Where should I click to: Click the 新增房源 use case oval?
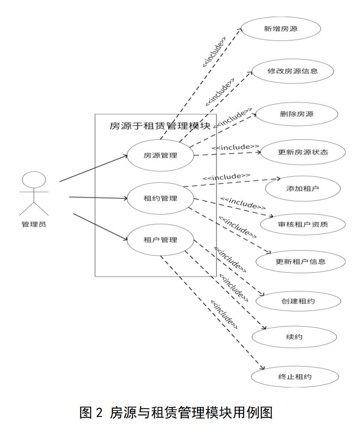281,29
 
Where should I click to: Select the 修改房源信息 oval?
293,71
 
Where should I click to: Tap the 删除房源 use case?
297,114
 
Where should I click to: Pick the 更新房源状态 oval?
303,152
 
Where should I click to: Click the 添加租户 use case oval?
303,189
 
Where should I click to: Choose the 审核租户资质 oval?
303,224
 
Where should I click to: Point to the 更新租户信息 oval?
300,262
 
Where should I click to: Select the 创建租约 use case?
298,301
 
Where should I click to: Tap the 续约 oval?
295,337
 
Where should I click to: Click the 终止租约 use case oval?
295,377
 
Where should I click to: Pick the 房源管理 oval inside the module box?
161,155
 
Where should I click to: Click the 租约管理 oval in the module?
161,198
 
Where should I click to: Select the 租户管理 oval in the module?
161,240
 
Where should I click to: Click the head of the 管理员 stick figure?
34,180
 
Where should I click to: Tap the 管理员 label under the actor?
34,224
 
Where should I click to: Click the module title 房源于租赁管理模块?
160,126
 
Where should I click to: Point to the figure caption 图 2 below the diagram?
91,413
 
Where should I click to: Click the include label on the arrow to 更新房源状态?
235,147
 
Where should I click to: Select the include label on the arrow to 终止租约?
224,314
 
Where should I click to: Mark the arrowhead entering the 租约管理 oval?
125,198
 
